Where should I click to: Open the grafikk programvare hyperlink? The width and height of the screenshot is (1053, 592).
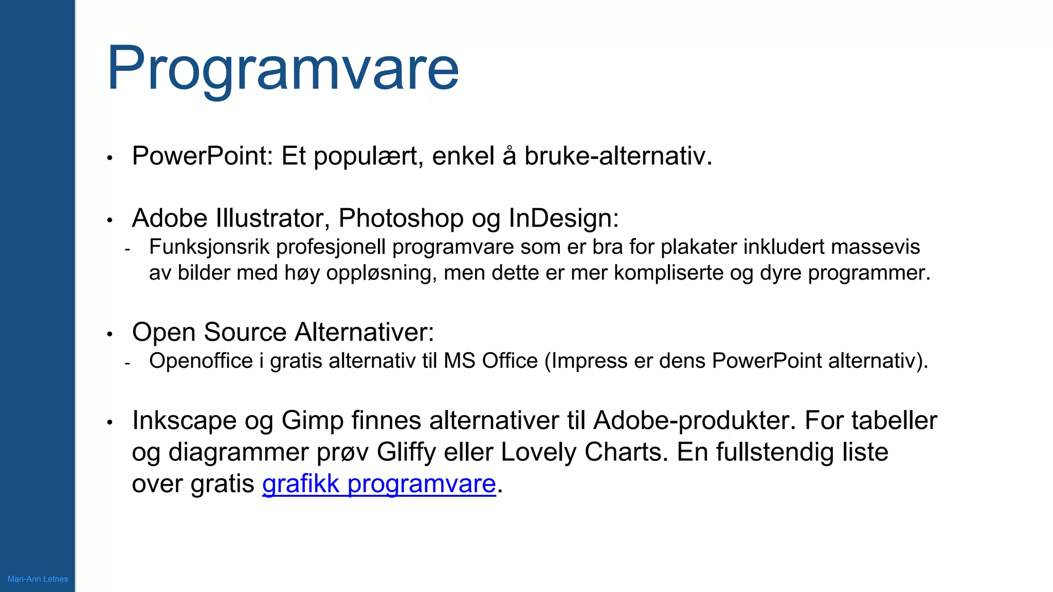(379, 484)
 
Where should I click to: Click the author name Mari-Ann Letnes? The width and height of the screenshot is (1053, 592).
(38, 579)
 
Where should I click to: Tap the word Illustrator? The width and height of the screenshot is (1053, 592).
(273, 218)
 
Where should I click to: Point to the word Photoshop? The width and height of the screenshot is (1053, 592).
(401, 218)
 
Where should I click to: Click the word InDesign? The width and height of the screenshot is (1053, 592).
(563, 218)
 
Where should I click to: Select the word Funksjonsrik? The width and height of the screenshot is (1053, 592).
(209, 247)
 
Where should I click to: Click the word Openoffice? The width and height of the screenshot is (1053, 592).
(201, 361)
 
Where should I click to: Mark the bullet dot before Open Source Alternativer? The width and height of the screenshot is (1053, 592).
(110, 334)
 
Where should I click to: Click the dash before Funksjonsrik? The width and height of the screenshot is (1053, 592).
(127, 250)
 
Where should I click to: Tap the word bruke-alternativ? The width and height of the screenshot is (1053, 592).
(618, 156)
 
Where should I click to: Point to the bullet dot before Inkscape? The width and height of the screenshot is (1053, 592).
(110, 422)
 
